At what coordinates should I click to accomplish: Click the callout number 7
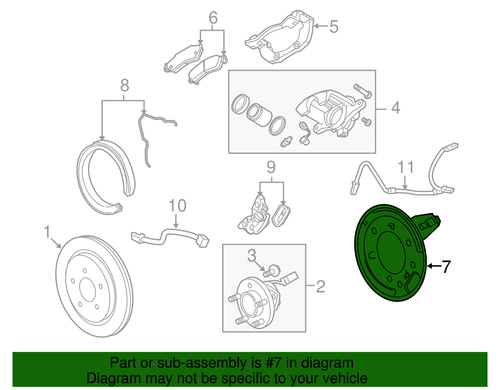point(446,267)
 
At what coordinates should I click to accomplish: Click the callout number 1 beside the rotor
point(47,232)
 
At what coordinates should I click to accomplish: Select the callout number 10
point(177,206)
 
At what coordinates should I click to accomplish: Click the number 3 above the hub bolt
point(252,256)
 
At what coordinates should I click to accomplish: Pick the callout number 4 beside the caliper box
point(395,108)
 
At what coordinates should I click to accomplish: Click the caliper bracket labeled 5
point(281,37)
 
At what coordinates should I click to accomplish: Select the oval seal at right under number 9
point(281,215)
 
